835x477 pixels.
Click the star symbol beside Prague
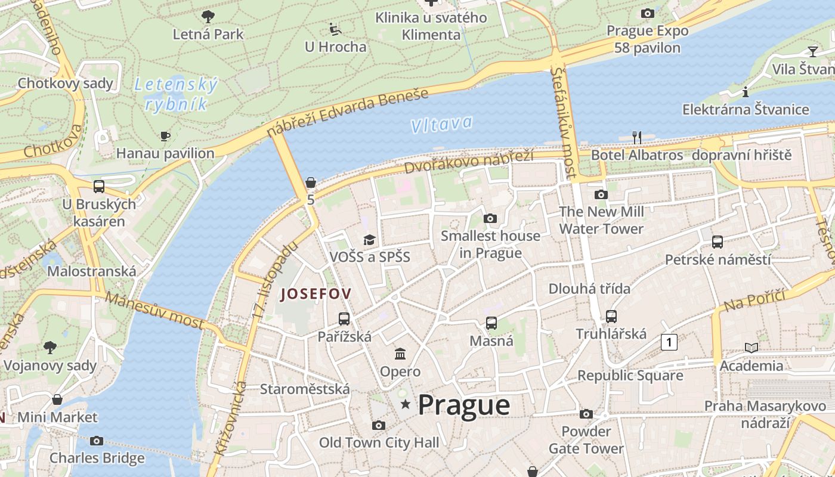coord(406,404)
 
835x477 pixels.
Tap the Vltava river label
coord(441,124)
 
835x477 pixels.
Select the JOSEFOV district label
coord(316,293)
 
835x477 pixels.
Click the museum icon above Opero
coord(400,354)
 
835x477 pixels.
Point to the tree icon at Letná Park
coord(208,16)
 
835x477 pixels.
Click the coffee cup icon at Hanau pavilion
coord(165,136)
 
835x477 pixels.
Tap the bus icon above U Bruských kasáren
coord(99,186)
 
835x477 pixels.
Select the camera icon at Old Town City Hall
coord(378,425)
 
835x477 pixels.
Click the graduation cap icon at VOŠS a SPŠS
coord(370,240)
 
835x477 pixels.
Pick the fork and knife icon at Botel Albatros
coord(636,138)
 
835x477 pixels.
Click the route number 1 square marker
coord(669,342)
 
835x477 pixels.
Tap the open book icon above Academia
coord(751,348)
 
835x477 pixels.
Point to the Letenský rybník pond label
coord(176,94)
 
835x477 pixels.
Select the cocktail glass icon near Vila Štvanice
coord(812,51)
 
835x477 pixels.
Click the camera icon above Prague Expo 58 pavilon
coord(647,13)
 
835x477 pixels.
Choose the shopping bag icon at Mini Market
coord(57,399)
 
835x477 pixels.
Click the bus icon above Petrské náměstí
coord(718,241)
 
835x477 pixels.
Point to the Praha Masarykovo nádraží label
coord(765,414)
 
